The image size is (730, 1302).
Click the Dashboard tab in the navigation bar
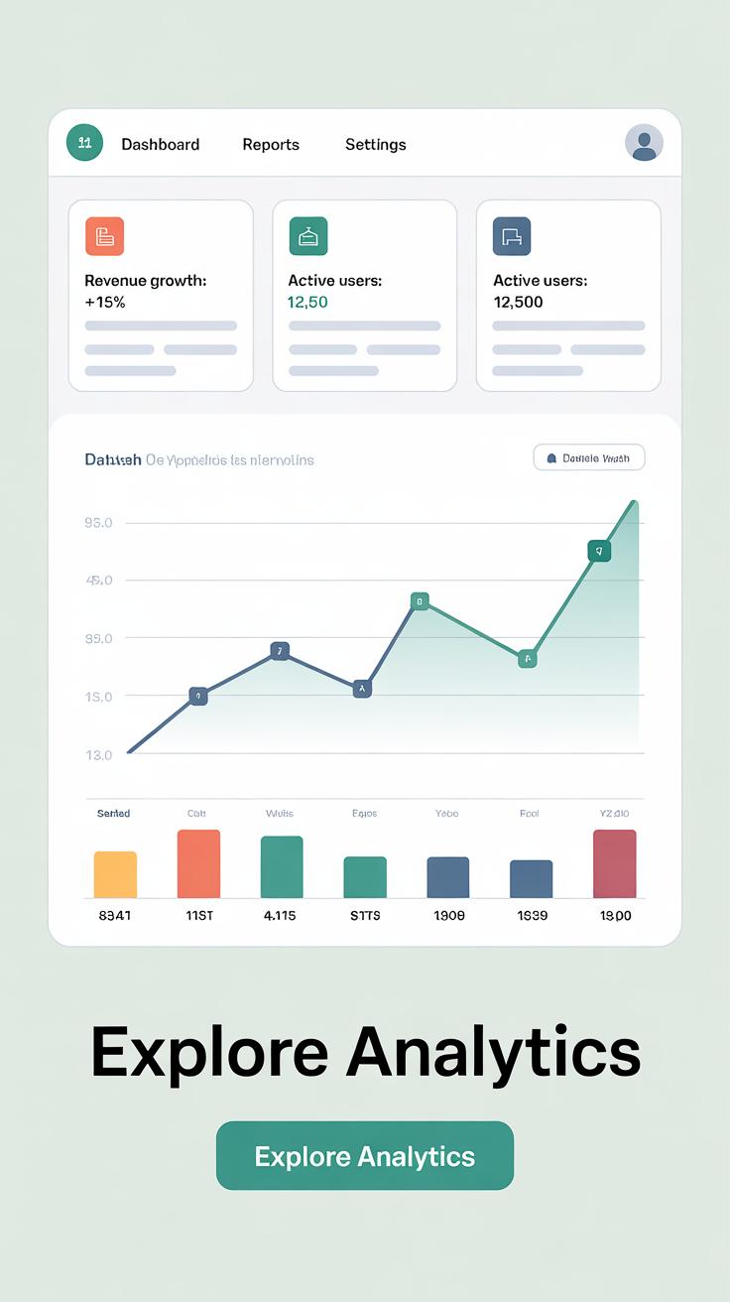(x=160, y=145)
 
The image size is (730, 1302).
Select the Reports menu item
(x=271, y=145)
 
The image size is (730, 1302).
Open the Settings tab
(x=375, y=145)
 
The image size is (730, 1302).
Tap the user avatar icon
(x=644, y=144)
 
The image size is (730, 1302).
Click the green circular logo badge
(x=84, y=143)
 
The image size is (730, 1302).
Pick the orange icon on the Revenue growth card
(x=104, y=236)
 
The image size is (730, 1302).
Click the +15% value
(x=105, y=302)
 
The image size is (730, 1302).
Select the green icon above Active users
(x=308, y=236)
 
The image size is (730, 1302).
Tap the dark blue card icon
(x=512, y=236)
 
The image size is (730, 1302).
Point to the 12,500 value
(x=518, y=302)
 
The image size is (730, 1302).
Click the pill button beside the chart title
(x=589, y=457)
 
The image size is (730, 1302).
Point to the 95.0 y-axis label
(x=99, y=523)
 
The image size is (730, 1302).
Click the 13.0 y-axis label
(x=99, y=755)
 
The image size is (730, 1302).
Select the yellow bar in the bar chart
(x=115, y=874)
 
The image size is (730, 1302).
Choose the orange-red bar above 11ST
(x=198, y=863)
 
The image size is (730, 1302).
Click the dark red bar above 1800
(x=615, y=863)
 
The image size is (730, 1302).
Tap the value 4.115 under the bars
(x=281, y=915)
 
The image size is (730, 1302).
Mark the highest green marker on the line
(x=598, y=551)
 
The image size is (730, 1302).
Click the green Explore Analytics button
(x=365, y=1155)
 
